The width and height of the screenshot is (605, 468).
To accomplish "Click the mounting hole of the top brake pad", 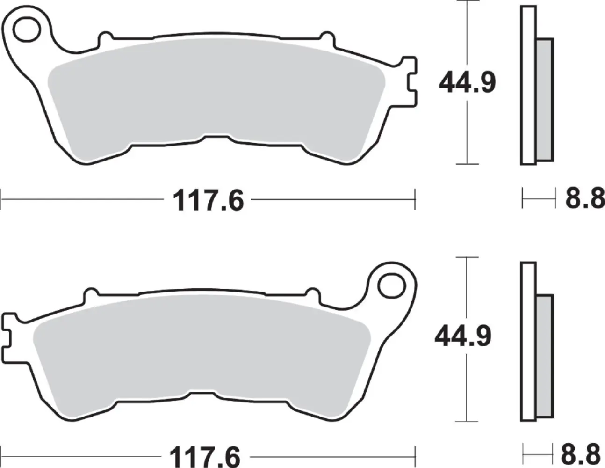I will tap(27, 29).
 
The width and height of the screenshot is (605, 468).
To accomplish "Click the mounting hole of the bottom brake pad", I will tap(390, 285).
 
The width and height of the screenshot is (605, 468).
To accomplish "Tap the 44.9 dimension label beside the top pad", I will tap(467, 83).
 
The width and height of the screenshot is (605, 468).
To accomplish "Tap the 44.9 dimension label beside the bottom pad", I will tap(463, 337).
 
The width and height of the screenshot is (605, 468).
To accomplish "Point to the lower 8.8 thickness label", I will tap(582, 454).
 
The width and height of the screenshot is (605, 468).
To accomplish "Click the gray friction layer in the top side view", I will tap(544, 99).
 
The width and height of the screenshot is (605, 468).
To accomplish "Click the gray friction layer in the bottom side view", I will tap(544, 356).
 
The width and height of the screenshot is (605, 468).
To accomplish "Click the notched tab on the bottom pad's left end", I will tap(8, 337).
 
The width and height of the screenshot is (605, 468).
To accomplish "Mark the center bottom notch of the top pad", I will tap(216, 138).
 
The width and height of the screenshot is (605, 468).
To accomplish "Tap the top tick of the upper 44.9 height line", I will tap(467, 2).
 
